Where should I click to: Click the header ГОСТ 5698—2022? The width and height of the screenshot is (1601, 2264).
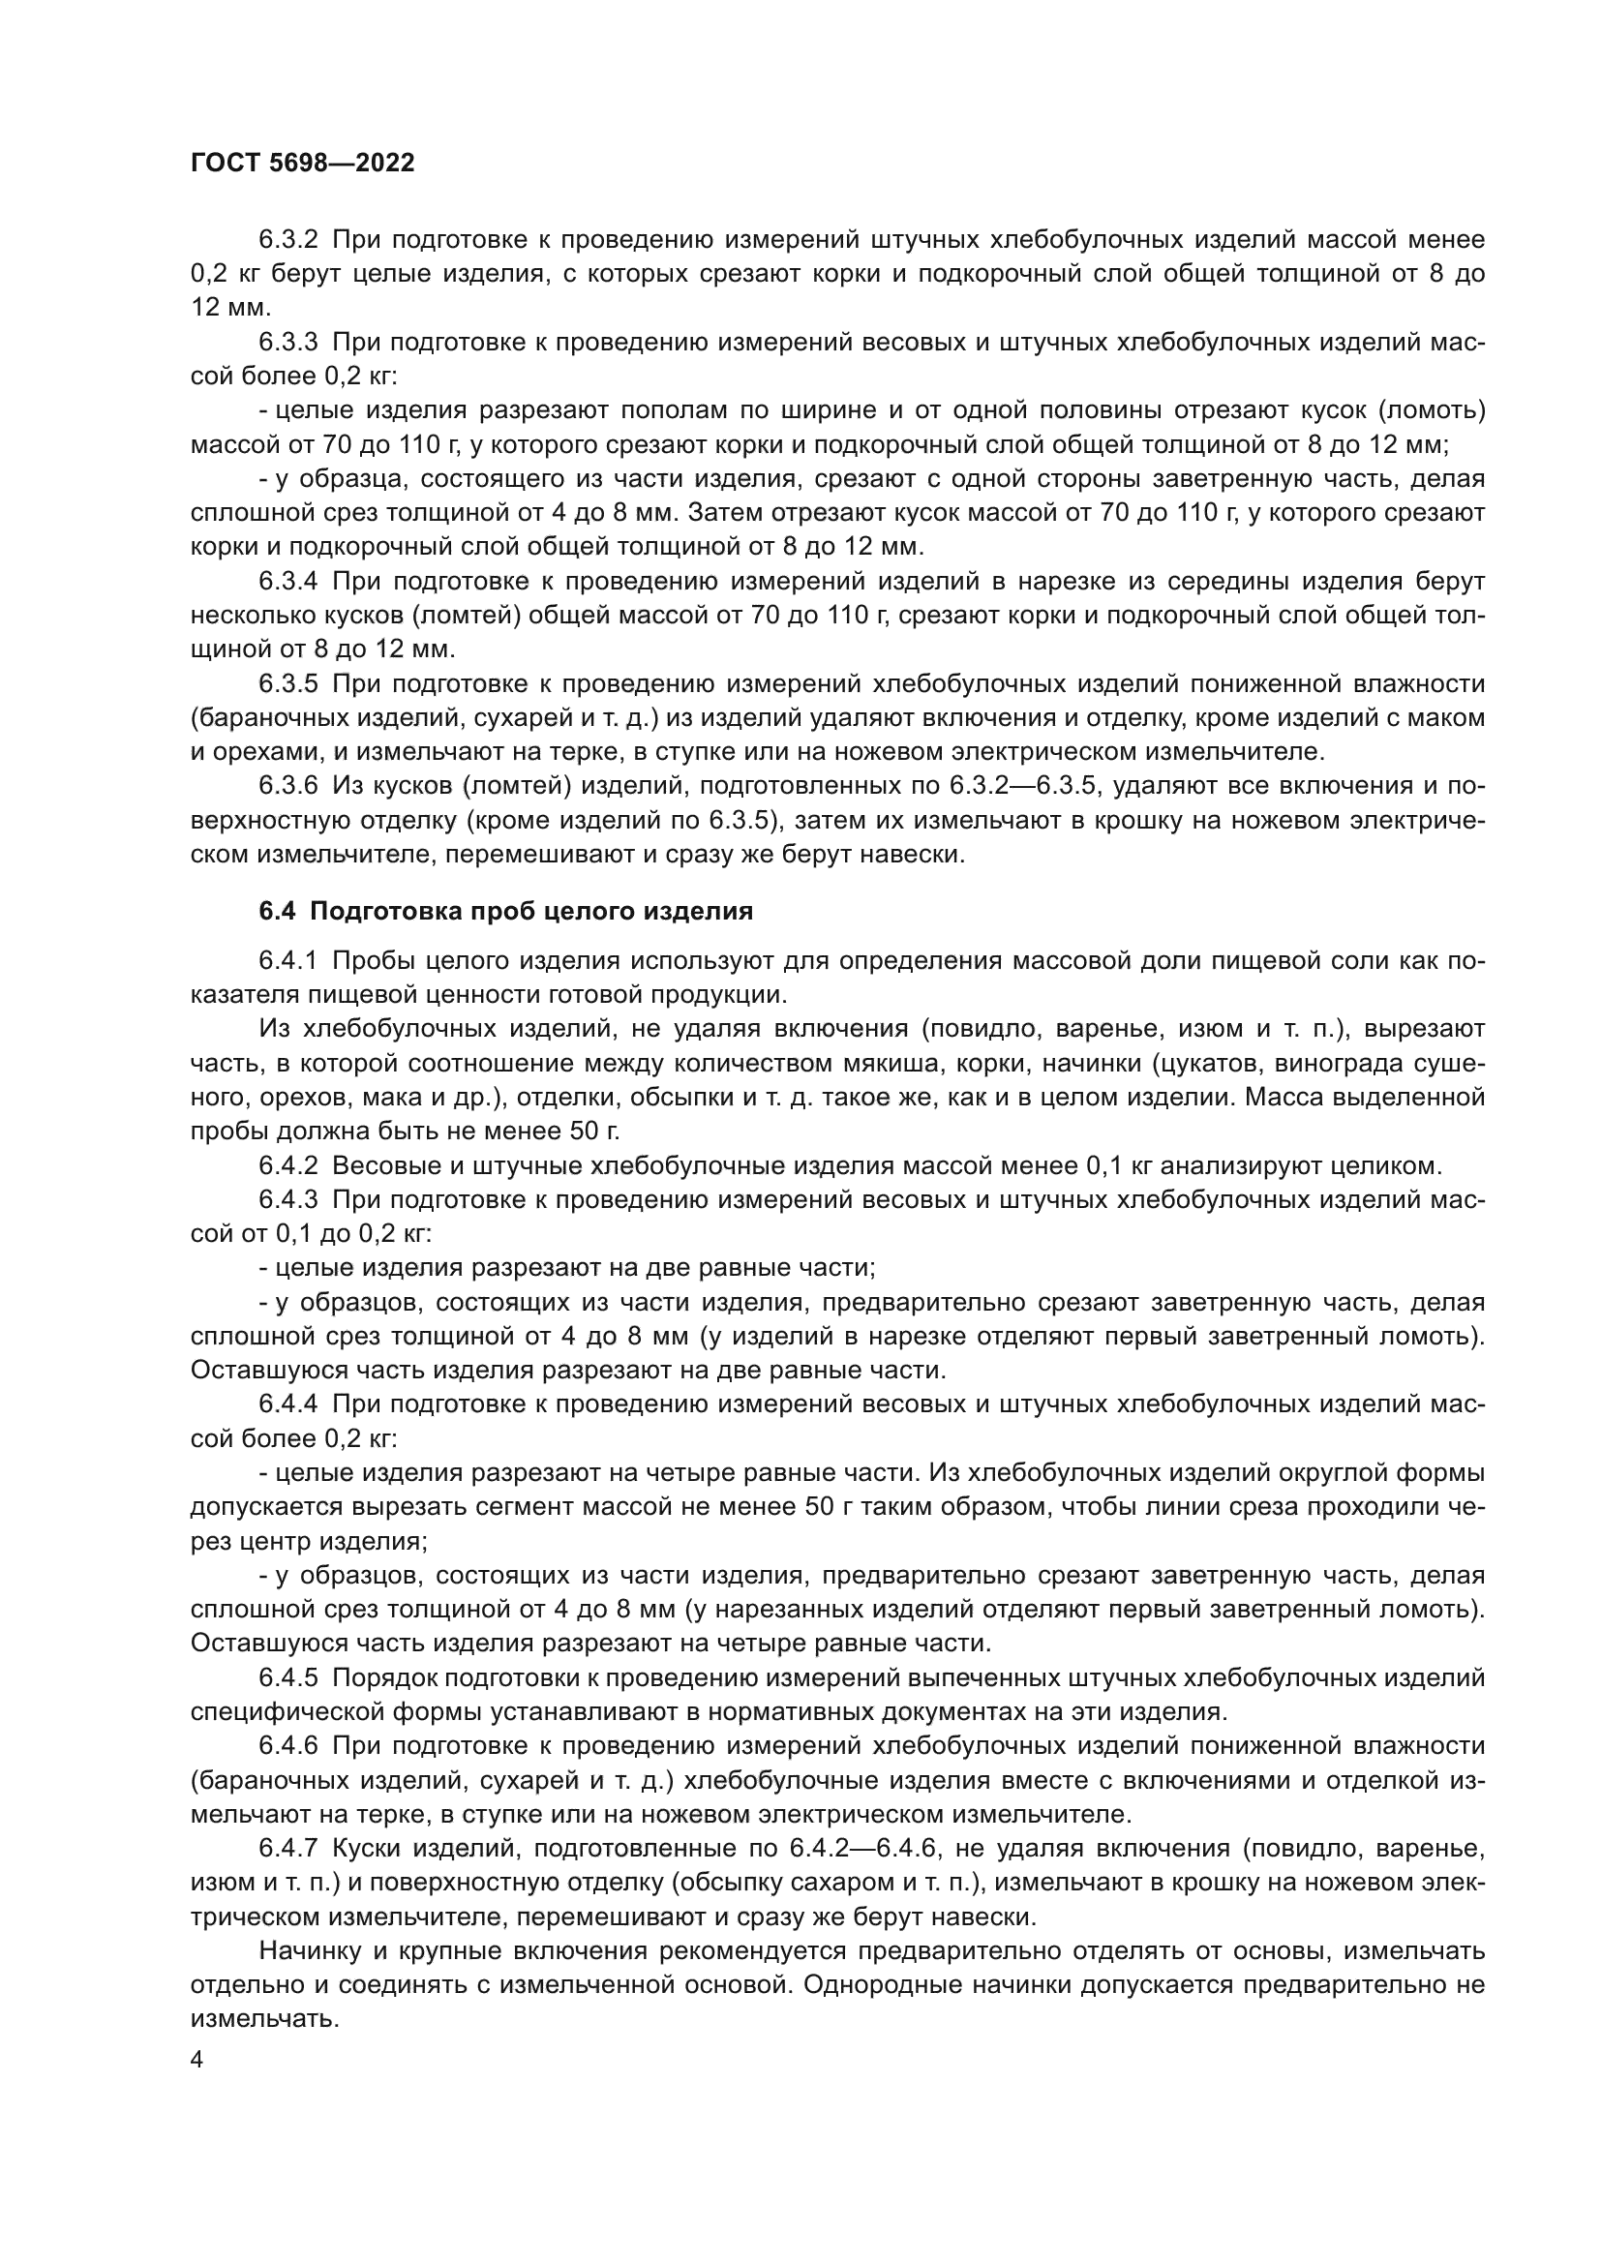(303, 164)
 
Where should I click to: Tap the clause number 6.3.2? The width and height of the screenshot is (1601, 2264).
(287, 240)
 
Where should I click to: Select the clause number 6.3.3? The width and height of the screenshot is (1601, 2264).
(287, 342)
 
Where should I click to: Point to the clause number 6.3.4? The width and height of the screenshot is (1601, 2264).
(287, 582)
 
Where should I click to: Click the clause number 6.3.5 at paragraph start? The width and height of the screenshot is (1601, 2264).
(287, 684)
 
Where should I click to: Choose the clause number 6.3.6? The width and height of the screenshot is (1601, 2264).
(287, 786)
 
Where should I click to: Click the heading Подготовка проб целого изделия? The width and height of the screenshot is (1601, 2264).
(531, 911)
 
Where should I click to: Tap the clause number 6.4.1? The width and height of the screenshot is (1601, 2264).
(287, 961)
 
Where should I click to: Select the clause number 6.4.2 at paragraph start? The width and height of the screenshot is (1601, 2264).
(287, 1166)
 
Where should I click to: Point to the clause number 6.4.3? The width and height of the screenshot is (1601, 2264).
(287, 1200)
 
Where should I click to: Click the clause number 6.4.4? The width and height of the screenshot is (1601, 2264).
(287, 1404)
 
